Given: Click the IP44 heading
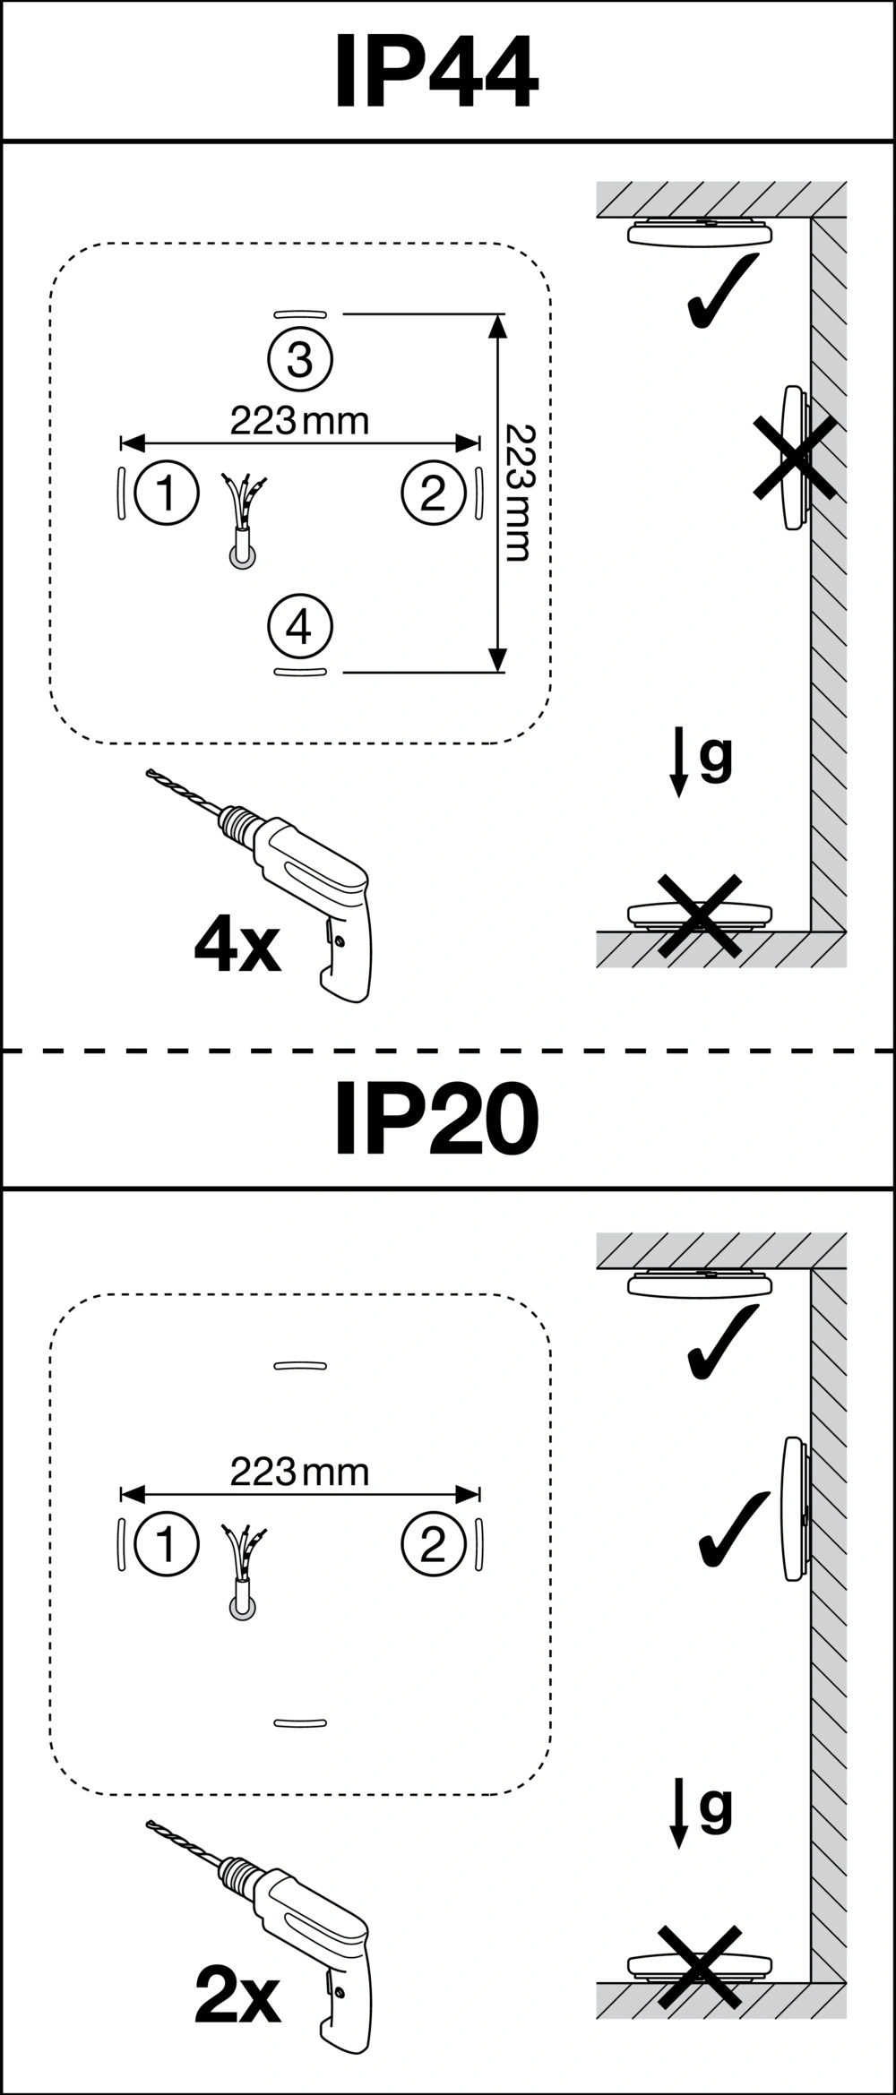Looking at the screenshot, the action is point(436,72).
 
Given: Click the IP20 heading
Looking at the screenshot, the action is point(436,1120).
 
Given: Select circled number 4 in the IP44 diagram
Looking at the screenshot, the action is point(300,627).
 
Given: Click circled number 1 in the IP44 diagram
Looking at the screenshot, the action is point(166,493).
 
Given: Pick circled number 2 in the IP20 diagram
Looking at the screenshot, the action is point(434,1543).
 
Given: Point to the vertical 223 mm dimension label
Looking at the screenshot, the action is point(518,493).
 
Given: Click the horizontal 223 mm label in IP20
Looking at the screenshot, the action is point(299,1472).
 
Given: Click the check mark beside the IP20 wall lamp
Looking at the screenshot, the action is point(735,1529).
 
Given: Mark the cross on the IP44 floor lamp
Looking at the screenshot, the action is point(700,915).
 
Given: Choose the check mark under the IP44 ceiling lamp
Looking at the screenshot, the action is point(723,291).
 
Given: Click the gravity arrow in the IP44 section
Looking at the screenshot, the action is point(680,761).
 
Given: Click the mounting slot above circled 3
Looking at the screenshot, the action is point(300,313).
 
